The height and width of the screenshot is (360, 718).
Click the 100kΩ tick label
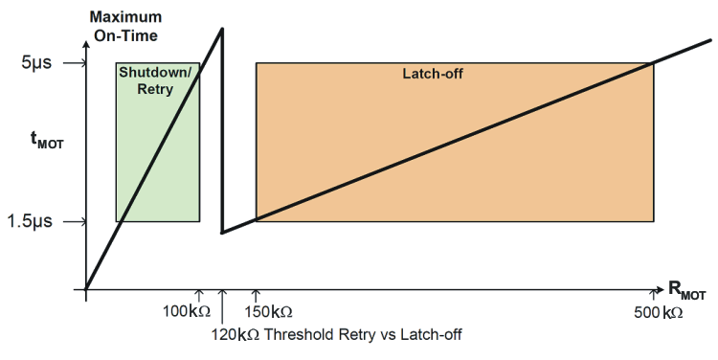[x=185, y=312]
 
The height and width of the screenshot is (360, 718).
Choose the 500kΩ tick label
[x=660, y=312]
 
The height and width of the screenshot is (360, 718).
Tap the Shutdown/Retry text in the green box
[x=155, y=80]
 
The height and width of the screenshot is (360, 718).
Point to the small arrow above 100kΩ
[x=199, y=296]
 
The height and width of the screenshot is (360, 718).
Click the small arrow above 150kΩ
[x=256, y=296]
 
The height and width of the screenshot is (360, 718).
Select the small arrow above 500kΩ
[x=654, y=296]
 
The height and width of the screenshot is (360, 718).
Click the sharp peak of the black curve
[x=222, y=29]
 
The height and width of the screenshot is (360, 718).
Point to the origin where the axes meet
[x=86, y=288]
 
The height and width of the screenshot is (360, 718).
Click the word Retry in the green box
[x=157, y=89]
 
